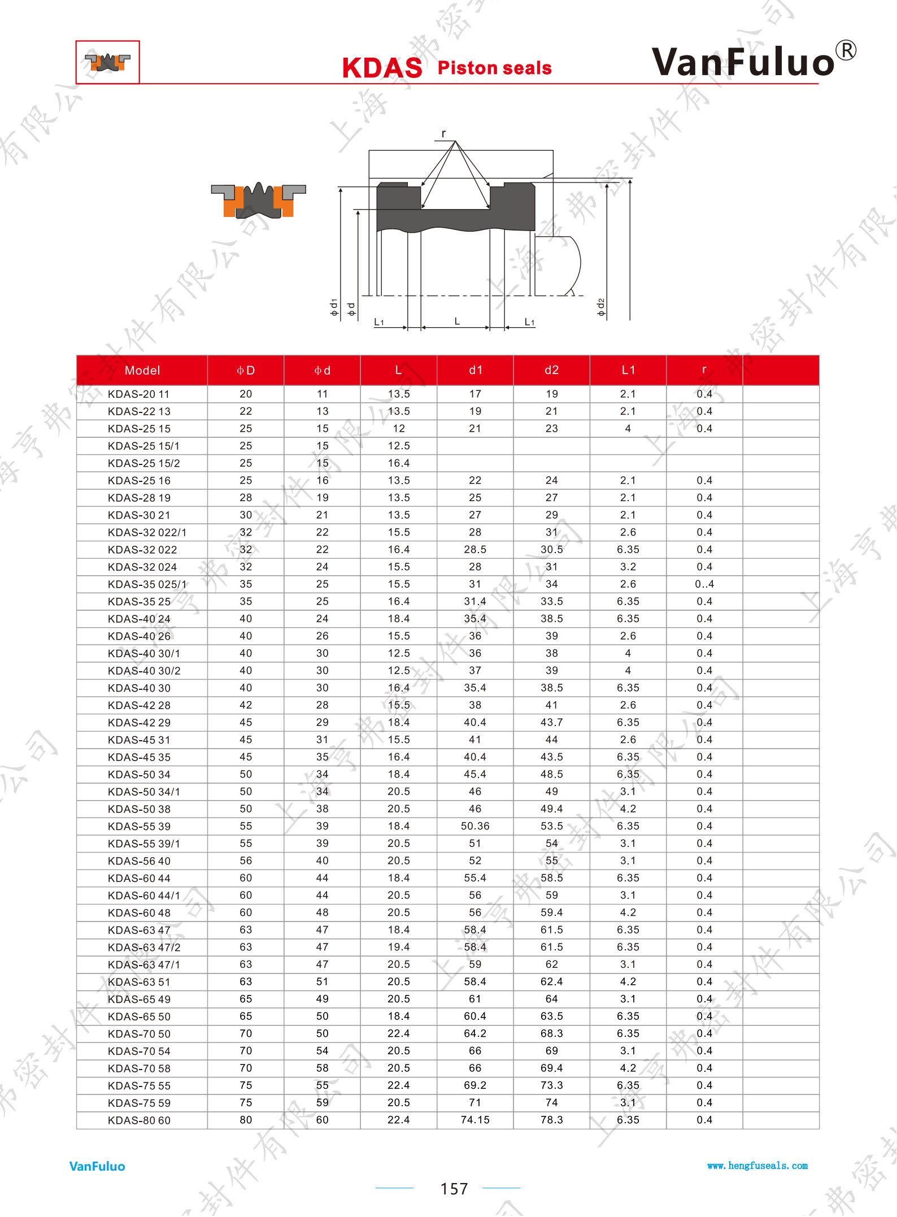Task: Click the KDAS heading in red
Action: (382, 68)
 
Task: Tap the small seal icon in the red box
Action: (107, 62)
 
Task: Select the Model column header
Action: (142, 371)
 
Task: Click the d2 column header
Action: (552, 370)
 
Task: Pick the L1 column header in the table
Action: (628, 370)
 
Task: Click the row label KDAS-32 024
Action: (142, 567)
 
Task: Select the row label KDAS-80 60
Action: (139, 1120)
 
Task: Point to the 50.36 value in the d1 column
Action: (475, 826)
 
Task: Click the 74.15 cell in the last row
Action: (475, 1120)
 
